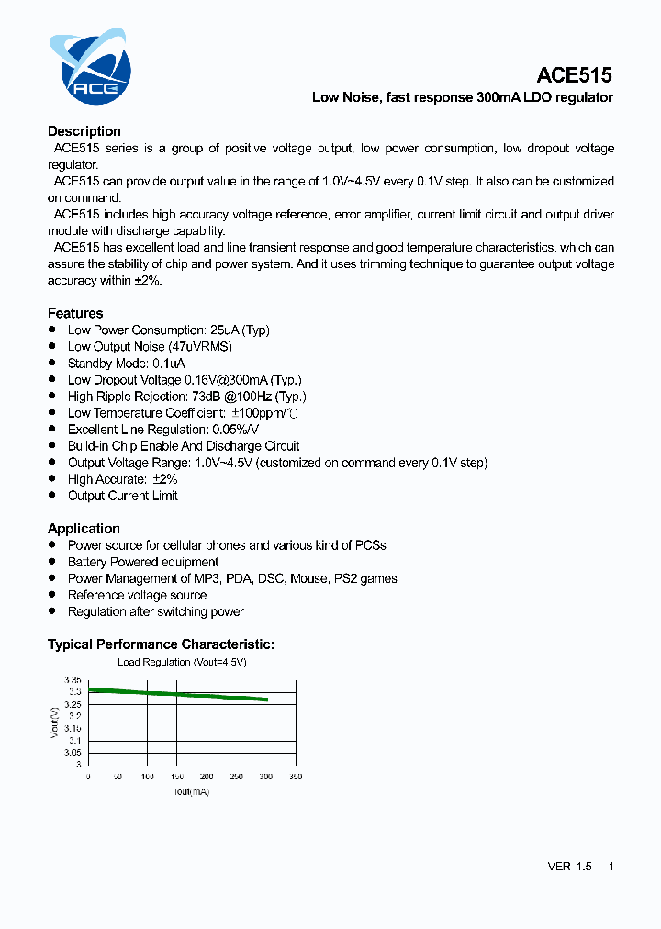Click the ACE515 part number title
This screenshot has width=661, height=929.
coord(574,75)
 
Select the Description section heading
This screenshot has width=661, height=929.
coord(84,131)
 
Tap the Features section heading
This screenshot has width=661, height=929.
coord(75,313)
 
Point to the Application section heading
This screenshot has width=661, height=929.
coord(84,529)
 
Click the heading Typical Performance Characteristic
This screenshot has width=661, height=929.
coord(161,644)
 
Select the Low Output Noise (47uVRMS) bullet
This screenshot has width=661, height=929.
coord(150,347)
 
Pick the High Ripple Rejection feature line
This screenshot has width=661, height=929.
coord(186,397)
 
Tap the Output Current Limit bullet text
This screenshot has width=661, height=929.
coord(122,496)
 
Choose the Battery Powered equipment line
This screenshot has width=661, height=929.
coord(143,562)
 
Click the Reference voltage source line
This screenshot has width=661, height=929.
coord(137,595)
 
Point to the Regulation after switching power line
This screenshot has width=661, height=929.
coord(156,611)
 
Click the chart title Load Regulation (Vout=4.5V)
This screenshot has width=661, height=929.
coord(182,662)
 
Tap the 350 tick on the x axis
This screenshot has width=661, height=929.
coord(295,777)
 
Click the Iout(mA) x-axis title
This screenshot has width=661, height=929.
coord(191,791)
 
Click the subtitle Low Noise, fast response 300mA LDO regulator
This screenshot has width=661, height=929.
coord(462,97)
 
